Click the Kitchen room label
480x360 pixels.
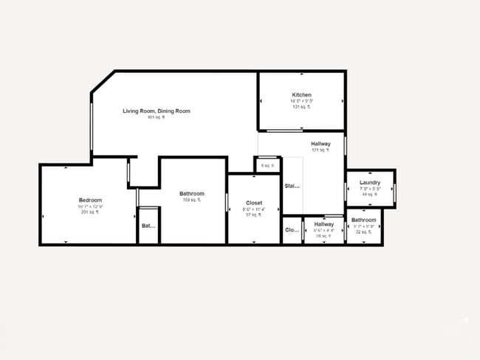click(302, 95)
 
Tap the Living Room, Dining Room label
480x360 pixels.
click(156, 111)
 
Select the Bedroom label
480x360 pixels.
click(90, 200)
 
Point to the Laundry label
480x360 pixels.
click(370, 182)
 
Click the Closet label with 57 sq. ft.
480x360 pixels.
click(253, 202)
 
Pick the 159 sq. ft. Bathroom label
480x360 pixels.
click(192, 194)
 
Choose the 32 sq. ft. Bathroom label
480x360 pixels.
click(363, 220)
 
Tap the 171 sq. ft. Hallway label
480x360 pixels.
click(320, 144)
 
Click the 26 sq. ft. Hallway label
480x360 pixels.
click(324, 224)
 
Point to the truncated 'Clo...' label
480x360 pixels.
click(292, 230)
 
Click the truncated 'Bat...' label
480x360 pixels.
click(148, 226)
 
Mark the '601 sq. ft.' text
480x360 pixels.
click(156, 117)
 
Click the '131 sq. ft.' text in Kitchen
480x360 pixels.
click(302, 108)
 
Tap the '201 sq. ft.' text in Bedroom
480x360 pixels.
click(90, 212)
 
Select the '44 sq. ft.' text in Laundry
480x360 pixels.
click(369, 195)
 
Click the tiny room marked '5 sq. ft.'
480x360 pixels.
click(267, 165)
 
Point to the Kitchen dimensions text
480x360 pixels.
click(302, 102)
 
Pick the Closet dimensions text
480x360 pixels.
click(253, 209)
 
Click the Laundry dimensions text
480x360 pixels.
click(370, 189)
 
